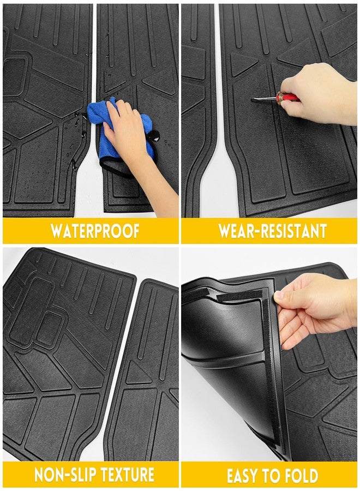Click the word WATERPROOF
[x=95, y=231]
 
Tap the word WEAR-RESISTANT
[x=272, y=231]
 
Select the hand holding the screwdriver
[x=319, y=94]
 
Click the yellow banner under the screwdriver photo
[x=269, y=231]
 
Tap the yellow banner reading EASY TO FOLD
[x=269, y=475]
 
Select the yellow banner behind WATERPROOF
[x=91, y=231]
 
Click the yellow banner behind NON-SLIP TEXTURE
[x=91, y=475]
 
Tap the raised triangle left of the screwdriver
[x=243, y=65]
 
